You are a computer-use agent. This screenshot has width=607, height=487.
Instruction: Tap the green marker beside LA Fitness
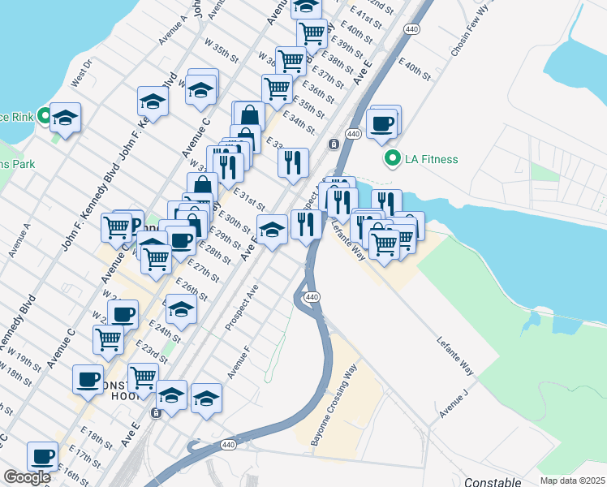394,158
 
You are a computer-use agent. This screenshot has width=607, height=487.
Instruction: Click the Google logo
27,477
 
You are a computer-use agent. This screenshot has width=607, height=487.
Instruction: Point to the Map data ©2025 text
572,481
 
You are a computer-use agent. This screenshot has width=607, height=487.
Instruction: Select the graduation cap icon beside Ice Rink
66,119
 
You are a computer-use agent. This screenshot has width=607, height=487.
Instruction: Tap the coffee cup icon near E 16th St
42,456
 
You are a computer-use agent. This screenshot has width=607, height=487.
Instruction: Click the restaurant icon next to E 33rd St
293,162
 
